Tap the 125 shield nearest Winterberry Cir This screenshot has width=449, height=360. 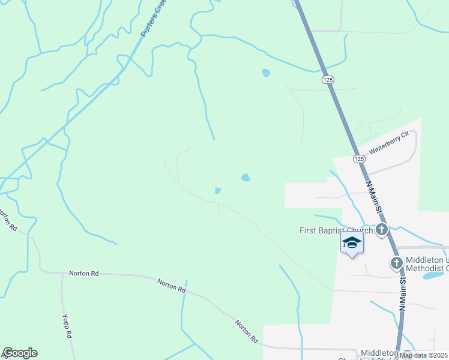coord(359,158)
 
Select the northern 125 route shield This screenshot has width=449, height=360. coord(327,79)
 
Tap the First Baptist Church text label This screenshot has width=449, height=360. coord(336,230)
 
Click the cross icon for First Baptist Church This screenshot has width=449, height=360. coord(381,229)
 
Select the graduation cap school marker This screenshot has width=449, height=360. coord(352,242)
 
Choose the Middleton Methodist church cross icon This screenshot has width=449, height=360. coord(396,263)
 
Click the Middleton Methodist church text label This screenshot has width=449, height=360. coord(426,263)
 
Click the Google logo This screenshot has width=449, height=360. coord(20,353)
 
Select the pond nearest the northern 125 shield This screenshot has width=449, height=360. coord(265,74)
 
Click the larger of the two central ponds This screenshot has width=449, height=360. coord(246,178)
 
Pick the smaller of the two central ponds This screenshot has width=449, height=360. coord(218,191)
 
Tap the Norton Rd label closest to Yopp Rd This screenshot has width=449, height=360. coord(83,273)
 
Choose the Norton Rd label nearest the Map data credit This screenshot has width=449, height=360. coord(247,332)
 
